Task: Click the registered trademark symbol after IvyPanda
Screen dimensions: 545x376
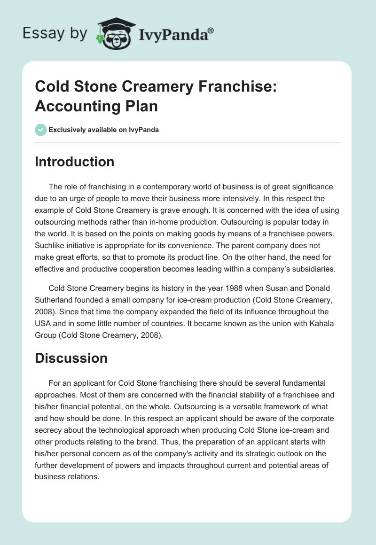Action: [x=211, y=31]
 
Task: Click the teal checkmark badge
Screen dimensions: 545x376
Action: [x=41, y=130]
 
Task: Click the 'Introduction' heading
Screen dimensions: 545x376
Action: [x=75, y=162]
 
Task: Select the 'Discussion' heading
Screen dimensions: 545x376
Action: [x=71, y=358]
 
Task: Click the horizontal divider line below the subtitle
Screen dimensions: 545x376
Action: [x=188, y=142]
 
